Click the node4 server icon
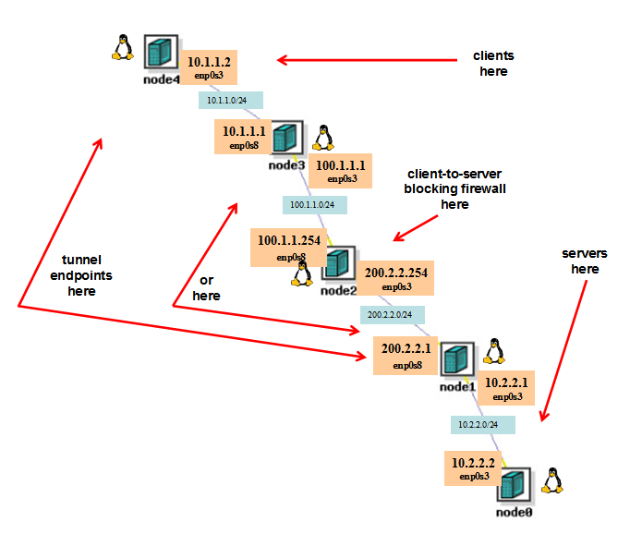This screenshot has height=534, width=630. click(x=160, y=52)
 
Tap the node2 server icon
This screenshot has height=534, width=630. click(x=337, y=264)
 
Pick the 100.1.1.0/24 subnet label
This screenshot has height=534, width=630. click(x=314, y=204)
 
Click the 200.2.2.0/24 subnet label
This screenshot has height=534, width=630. click(x=393, y=315)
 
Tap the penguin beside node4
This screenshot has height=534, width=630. click(x=121, y=47)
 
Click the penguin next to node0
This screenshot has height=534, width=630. click(x=553, y=480)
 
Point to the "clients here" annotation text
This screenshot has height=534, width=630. click(x=493, y=63)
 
